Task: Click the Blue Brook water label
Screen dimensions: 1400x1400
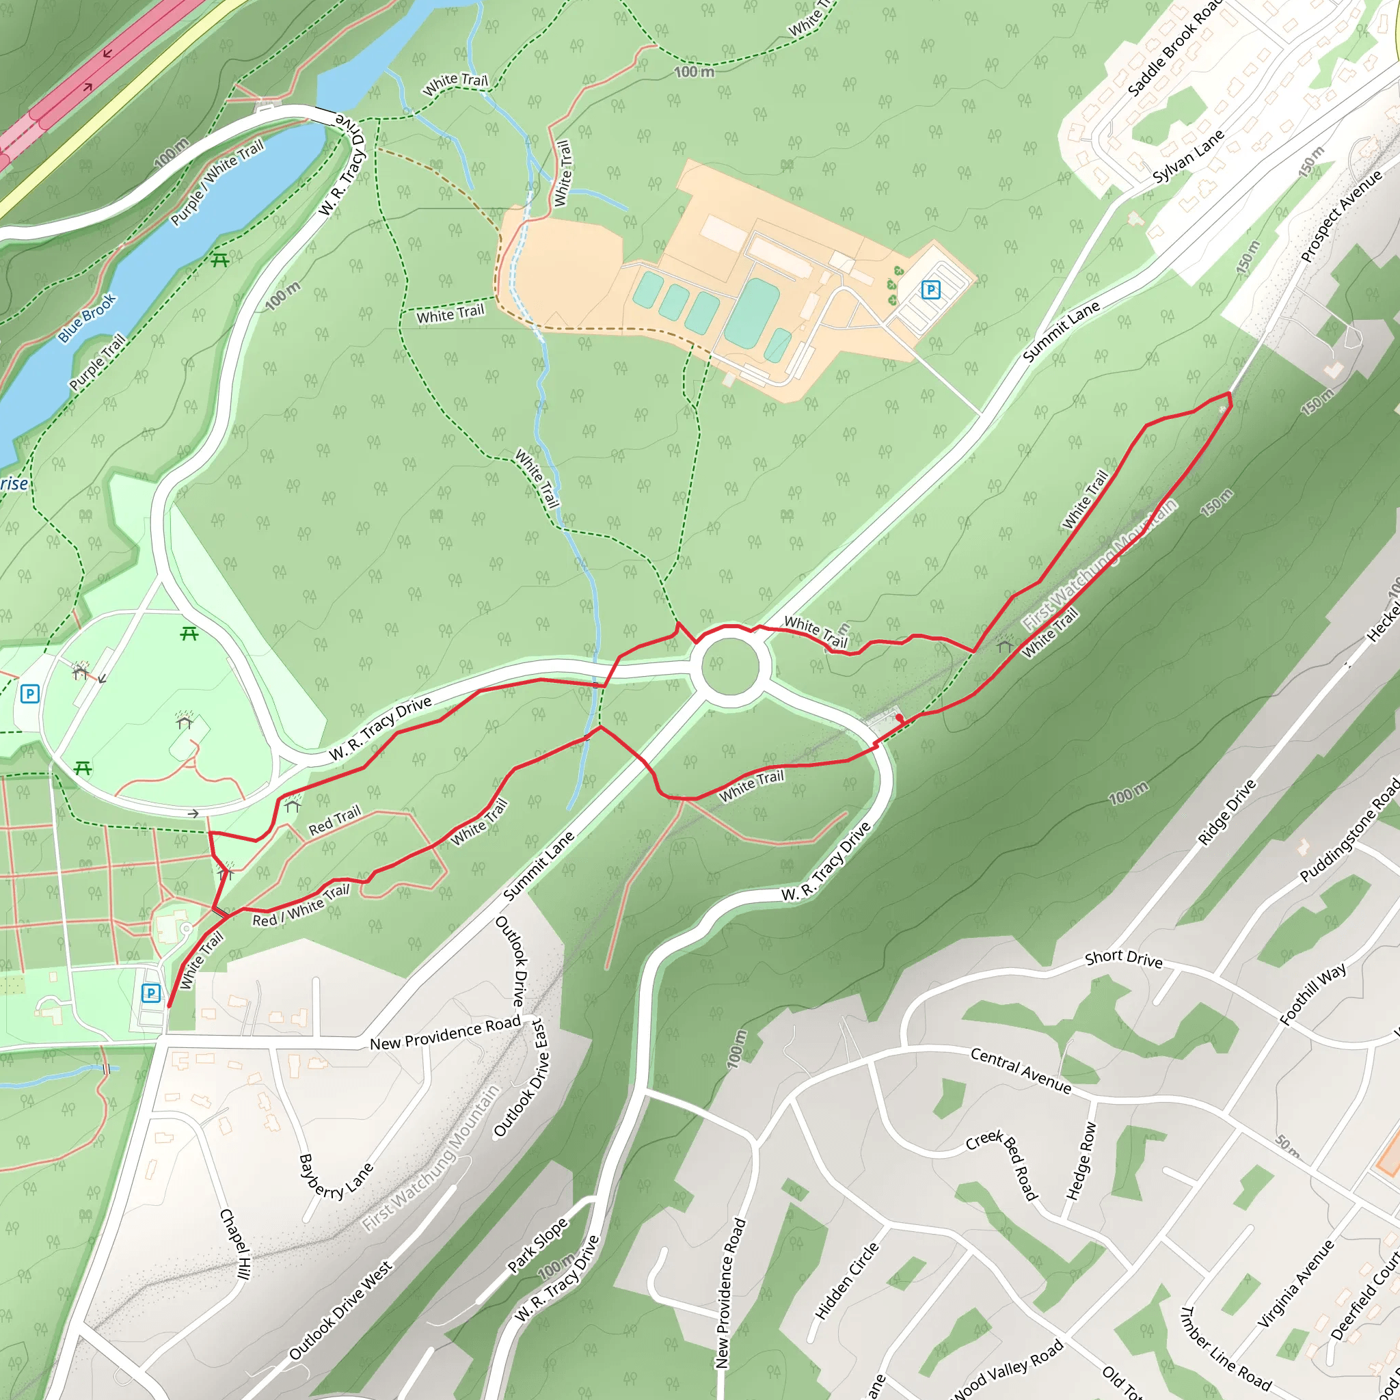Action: pos(87,318)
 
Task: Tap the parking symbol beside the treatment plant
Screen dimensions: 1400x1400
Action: pos(930,290)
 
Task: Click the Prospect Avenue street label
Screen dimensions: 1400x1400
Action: pos(1341,216)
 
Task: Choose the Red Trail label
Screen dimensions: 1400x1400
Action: pos(334,820)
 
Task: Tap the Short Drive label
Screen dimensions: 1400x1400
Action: pos(1123,958)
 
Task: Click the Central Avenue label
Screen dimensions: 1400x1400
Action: pos(1021,1070)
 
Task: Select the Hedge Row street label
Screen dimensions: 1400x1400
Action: pos(1081,1161)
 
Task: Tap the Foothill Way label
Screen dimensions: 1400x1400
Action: pos(1313,993)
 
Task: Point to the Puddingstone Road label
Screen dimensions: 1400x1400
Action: pos(1349,830)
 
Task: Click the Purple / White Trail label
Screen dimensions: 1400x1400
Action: pos(217,183)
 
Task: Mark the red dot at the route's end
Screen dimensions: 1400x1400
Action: pos(898,717)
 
